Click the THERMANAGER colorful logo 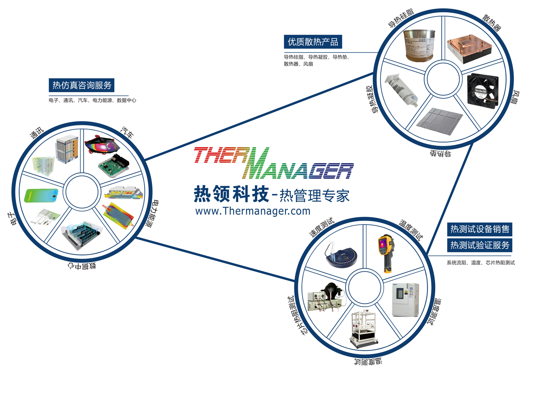pyautogui.click(x=274, y=163)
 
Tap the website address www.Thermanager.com pyautogui.click(x=253, y=211)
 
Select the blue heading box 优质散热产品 pyautogui.click(x=313, y=42)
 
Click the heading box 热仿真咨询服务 pyautogui.click(x=82, y=85)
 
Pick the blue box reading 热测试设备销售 pyautogui.click(x=480, y=229)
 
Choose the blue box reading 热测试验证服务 pyautogui.click(x=480, y=245)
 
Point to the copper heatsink pyautogui.click(x=469, y=48)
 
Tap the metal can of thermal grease pyautogui.click(x=420, y=46)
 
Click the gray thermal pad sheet pyautogui.click(x=440, y=121)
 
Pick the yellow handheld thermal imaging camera pyautogui.click(x=385, y=252)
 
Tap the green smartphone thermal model pyautogui.click(x=41, y=195)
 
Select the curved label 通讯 pyautogui.click(x=37, y=133)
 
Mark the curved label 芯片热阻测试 pyautogui.click(x=296, y=315)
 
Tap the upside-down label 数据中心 pyautogui.click(x=82, y=266)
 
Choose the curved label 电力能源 pyautogui.click(x=152, y=214)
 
